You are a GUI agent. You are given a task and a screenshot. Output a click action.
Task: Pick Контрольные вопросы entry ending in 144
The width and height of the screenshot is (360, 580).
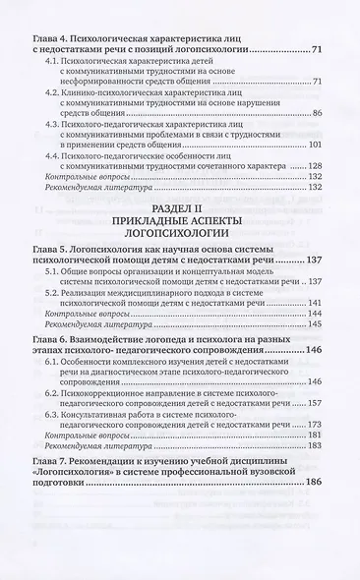pos(97,340)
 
